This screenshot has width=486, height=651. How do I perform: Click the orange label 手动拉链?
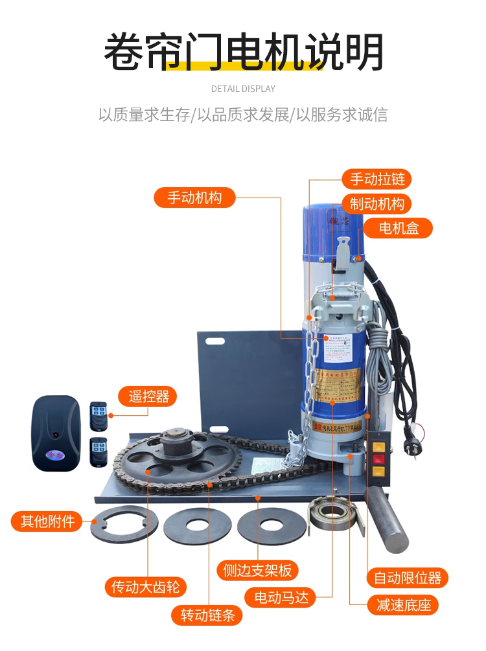pyautogui.click(x=376, y=179)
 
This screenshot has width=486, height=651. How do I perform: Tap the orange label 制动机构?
pyautogui.click(x=376, y=204)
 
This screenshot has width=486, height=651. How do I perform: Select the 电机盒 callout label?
pyautogui.click(x=397, y=228)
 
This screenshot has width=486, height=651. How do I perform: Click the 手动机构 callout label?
pyautogui.click(x=194, y=198)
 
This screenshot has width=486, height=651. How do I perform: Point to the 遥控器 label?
pyautogui.click(x=147, y=396)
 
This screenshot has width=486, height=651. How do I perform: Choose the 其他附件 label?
pyautogui.click(x=47, y=521)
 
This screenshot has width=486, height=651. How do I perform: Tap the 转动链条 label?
pyautogui.click(x=207, y=615)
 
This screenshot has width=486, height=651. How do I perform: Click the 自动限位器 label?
pyautogui.click(x=407, y=577)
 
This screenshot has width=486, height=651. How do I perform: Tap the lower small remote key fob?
pyautogui.click(x=98, y=451)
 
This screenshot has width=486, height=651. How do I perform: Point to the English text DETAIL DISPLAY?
pyautogui.click(x=243, y=89)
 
